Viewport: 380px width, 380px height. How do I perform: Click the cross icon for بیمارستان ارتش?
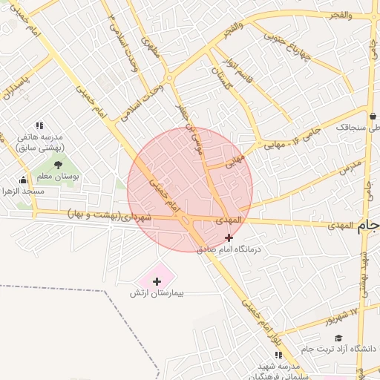157,281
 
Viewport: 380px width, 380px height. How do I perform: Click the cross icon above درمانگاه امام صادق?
229,237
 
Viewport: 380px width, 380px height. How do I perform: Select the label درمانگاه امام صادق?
229,249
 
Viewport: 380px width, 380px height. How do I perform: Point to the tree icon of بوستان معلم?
59,165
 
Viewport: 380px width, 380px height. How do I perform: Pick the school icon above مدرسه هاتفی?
39,125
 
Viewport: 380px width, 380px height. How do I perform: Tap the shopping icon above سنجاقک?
372,116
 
